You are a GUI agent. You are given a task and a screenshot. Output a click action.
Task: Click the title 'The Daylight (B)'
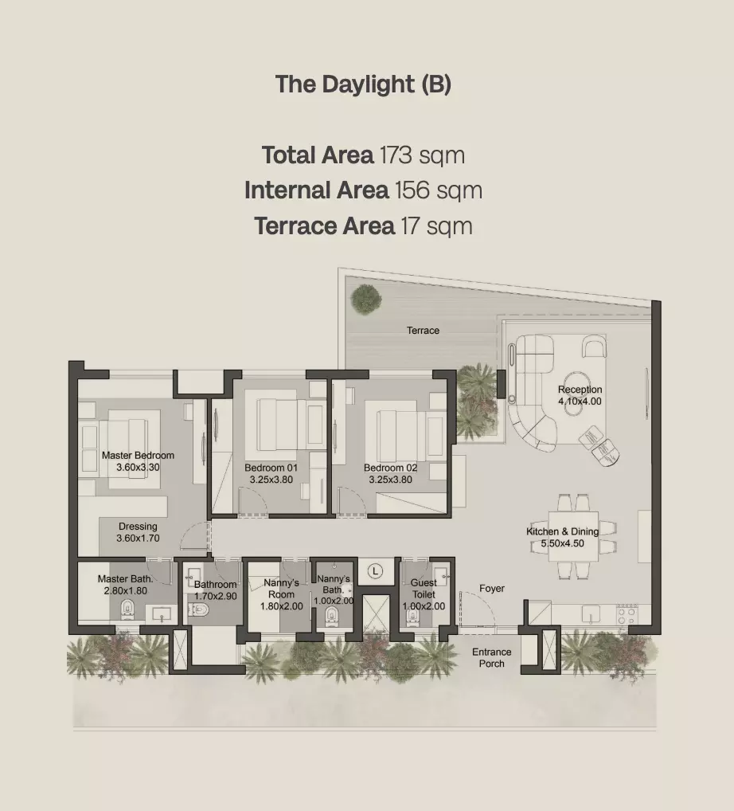(363, 84)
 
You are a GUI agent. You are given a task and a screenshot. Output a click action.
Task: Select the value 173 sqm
(422, 155)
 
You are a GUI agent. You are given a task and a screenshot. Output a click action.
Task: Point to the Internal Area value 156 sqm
(439, 190)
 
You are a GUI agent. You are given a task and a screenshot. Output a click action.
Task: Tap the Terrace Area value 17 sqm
(434, 226)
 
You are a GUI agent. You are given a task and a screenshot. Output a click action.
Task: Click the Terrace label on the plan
(423, 330)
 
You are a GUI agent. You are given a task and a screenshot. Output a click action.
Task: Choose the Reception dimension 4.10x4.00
(580, 402)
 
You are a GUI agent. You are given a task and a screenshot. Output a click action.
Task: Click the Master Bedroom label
(138, 456)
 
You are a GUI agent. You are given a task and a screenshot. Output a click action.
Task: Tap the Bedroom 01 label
(271, 468)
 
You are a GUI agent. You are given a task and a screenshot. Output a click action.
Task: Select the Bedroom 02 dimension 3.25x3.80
(390, 480)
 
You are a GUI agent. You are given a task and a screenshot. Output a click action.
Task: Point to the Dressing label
(138, 527)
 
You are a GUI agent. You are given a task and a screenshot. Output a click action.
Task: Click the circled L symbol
(375, 571)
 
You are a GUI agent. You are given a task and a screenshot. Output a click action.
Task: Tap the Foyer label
(491, 589)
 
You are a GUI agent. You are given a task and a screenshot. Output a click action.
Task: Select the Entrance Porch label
(491, 658)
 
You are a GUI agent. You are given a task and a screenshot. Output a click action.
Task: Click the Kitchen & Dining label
(562, 531)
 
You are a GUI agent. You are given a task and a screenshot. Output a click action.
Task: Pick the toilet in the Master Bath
(126, 609)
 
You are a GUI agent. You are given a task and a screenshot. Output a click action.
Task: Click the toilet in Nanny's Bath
(331, 616)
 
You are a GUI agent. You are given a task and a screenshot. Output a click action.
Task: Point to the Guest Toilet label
(424, 589)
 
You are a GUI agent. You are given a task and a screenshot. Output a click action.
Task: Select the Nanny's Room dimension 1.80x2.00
(281, 606)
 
